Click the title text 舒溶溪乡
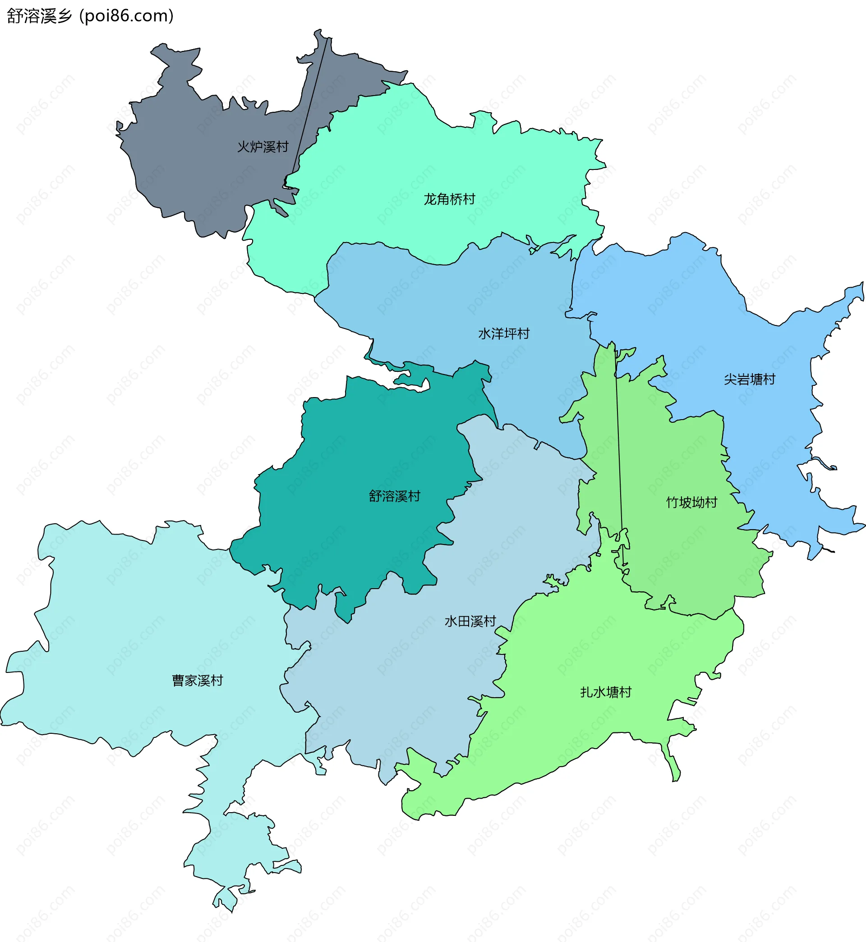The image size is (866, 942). click(x=39, y=16)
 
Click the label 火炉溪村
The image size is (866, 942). click(x=263, y=146)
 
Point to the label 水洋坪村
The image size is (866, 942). click(x=504, y=334)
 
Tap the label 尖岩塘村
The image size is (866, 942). click(x=749, y=379)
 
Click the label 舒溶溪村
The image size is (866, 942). click(x=394, y=496)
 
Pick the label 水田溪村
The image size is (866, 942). click(x=470, y=621)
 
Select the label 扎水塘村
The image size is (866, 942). click(x=605, y=692)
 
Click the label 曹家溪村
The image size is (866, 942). click(x=197, y=680)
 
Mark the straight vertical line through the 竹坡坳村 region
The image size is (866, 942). click(x=618, y=445)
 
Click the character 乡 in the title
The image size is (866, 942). click(x=64, y=16)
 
